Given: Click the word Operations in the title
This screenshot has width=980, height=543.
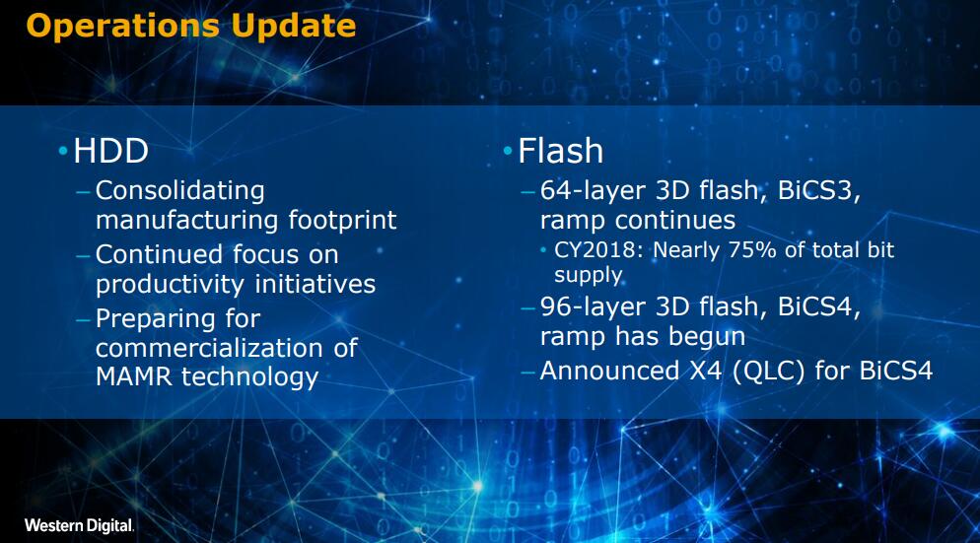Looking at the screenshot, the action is point(123,28).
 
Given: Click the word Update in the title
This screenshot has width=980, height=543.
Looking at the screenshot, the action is point(293,28).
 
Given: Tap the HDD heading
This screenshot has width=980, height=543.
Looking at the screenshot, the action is point(110,151).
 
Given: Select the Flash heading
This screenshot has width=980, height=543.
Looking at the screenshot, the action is point(561,151).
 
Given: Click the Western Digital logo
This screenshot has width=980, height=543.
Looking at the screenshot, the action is point(80,525).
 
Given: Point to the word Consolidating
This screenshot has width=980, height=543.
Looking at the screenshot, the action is point(180,191).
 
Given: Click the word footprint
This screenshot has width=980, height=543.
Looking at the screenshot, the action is point(342,220).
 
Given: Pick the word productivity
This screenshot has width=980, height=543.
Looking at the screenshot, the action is point(170,285).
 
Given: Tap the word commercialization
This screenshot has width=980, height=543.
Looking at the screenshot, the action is point(209,348).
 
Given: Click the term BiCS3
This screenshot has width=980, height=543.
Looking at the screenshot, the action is point(818,190).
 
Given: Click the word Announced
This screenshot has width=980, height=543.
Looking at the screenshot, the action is point(609,372).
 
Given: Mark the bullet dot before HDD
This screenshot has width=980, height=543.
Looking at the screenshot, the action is point(62,151).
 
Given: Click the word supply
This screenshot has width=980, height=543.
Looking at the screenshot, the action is point(589,276).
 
